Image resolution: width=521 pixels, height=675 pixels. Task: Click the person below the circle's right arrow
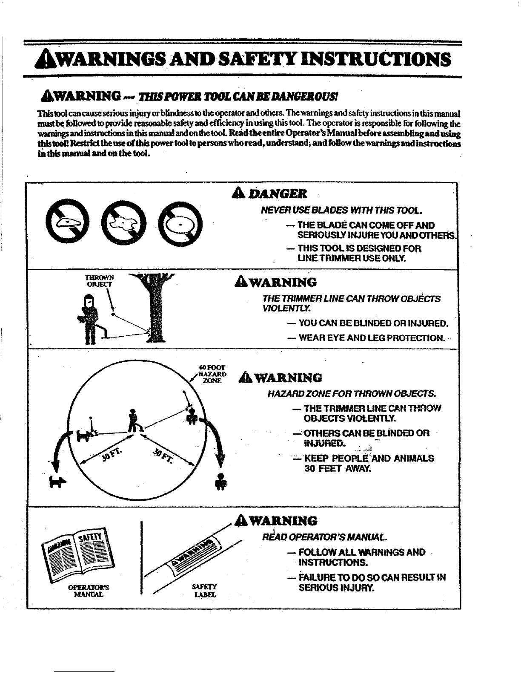220,482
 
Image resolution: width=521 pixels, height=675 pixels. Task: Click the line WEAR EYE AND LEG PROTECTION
372,338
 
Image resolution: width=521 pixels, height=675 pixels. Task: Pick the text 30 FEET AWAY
338,469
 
